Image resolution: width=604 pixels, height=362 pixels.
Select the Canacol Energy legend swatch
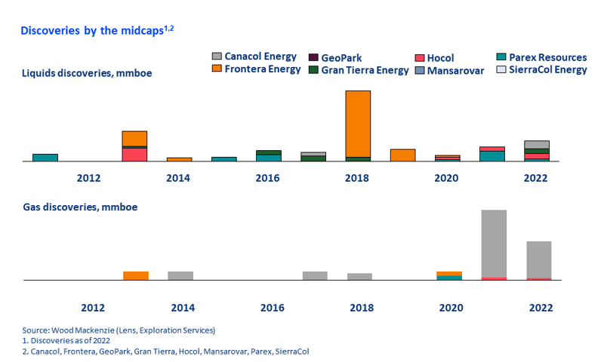[x=217, y=56]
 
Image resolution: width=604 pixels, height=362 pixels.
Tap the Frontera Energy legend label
[x=262, y=69]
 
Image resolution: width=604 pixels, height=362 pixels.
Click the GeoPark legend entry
[x=335, y=58]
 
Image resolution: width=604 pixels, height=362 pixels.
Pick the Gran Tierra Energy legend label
[x=365, y=70]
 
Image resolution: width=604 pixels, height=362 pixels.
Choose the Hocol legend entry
[x=435, y=58]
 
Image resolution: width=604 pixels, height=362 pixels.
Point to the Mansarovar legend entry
[x=449, y=71]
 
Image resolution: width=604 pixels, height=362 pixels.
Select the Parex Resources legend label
[x=548, y=57]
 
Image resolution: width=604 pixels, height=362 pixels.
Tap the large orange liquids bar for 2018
[x=358, y=124]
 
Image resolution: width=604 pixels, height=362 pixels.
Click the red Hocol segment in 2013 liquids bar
[x=134, y=155]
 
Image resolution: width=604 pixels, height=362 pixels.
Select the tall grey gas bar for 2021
[x=495, y=244]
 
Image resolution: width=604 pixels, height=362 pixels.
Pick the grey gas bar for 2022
[x=539, y=259]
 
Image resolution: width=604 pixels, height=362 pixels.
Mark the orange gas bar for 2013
[x=136, y=275]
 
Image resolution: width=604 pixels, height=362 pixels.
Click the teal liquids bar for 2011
[x=45, y=158]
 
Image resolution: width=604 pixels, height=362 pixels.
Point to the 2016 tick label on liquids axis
[x=267, y=178]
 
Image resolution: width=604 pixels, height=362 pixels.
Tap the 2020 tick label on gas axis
[x=451, y=308]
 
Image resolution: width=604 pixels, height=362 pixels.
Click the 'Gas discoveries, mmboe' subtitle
[x=80, y=207]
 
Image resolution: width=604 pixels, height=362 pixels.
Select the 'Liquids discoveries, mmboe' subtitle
[x=87, y=73]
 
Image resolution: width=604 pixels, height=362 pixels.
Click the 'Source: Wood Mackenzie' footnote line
[x=119, y=330]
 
